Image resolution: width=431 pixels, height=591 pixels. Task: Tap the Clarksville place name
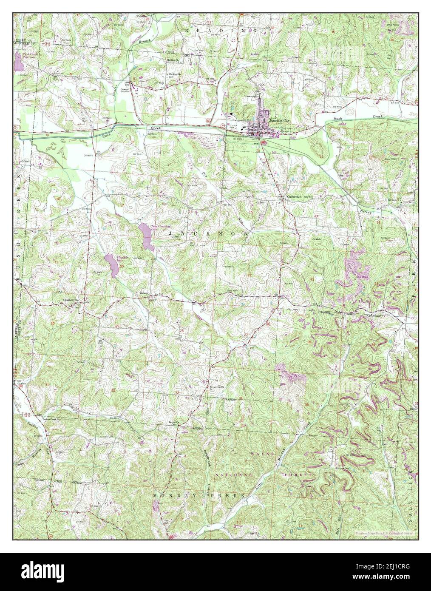click(x=293, y=196)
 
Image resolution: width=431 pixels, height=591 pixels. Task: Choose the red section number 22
click(x=250, y=275)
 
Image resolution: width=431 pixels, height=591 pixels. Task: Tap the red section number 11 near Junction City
click(x=321, y=157)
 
